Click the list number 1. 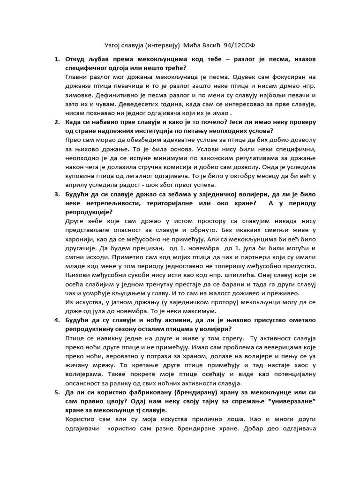tap(56, 60)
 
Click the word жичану tap(78, 361)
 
